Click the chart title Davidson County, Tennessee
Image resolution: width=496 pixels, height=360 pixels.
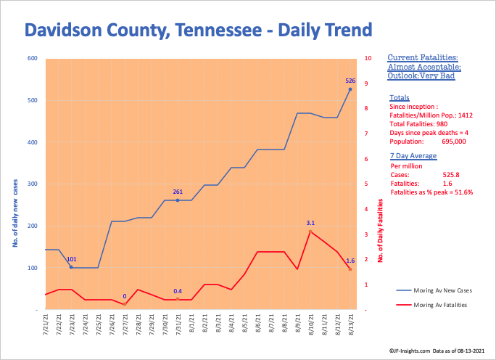click(x=198, y=30)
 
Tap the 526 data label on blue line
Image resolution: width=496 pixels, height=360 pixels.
click(x=350, y=81)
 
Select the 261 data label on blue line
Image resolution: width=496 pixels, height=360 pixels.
click(x=177, y=192)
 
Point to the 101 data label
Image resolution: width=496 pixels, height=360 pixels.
click(x=71, y=258)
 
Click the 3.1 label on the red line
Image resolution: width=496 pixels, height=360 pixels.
click(x=310, y=223)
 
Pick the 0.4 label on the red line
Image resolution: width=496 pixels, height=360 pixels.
click(x=178, y=291)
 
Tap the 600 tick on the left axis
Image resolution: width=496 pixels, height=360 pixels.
click(x=33, y=58)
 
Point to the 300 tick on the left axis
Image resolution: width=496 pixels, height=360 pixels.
click(x=33, y=184)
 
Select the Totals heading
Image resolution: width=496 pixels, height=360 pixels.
click(x=399, y=97)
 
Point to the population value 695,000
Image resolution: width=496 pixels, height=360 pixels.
click(x=454, y=142)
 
